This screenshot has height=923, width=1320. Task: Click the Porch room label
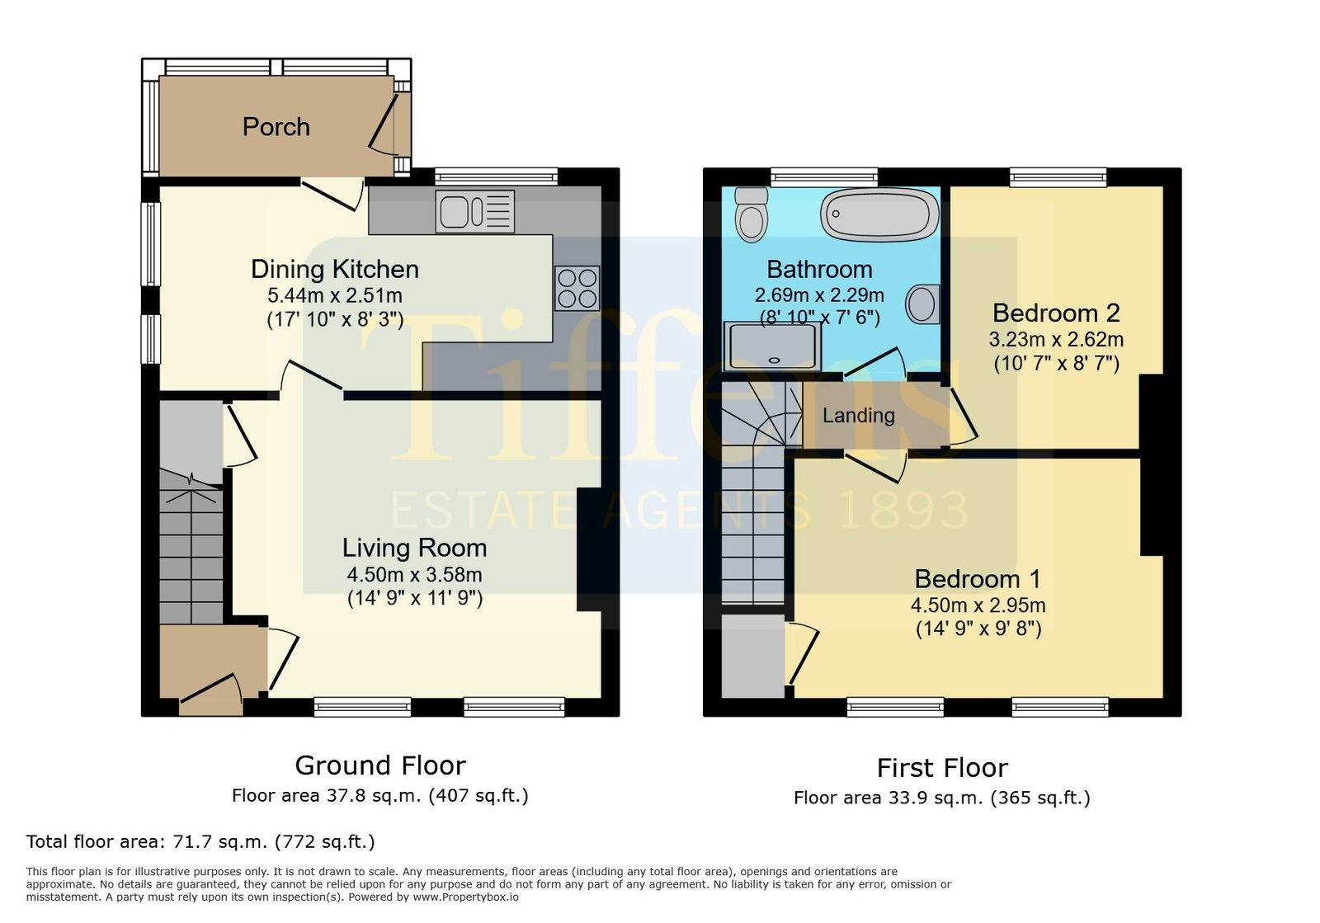tap(276, 127)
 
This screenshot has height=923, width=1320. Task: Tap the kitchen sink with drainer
tap(475, 211)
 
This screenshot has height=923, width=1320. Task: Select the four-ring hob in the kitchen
tap(577, 288)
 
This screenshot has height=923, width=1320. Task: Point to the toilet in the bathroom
tap(752, 214)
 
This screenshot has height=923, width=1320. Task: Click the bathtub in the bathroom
tap(879, 214)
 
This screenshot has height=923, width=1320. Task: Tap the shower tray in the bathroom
tap(772, 346)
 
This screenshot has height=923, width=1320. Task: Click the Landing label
tap(859, 416)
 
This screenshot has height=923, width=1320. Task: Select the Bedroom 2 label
tap(1056, 313)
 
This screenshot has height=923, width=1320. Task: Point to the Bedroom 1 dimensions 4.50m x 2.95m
tap(978, 605)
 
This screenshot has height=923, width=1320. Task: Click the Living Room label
tap(414, 548)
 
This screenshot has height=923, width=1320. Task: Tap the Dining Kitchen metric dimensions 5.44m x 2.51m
tap(335, 295)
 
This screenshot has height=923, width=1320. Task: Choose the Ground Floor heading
tap(380, 765)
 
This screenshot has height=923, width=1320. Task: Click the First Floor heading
tap(942, 768)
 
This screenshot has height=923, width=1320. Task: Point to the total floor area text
tap(200, 841)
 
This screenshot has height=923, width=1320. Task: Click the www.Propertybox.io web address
tap(465, 897)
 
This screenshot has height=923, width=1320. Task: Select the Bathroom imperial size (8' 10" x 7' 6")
tap(820, 318)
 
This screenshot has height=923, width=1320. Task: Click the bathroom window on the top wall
tap(824, 177)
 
